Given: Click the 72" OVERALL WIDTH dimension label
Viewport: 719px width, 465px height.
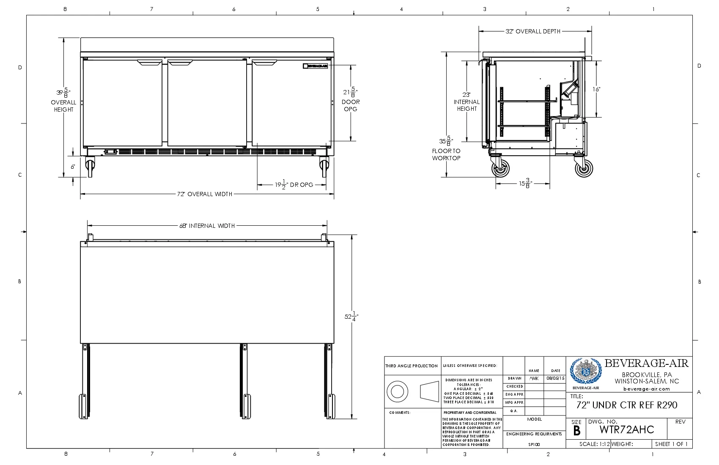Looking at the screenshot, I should click(205, 194).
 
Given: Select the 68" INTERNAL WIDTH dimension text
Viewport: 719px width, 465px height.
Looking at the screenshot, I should click(207, 226).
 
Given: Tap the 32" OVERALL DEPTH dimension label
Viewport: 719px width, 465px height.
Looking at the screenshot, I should click(533, 31).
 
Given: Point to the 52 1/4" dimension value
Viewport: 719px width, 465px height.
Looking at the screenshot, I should click(351, 317).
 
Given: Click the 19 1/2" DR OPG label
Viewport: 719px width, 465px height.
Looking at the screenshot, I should click(294, 185).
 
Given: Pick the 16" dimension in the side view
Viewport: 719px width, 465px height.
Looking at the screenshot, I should click(596, 89).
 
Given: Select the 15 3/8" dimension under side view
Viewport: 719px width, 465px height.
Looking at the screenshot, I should click(525, 183).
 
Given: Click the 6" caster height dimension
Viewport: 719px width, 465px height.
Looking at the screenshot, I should click(73, 167).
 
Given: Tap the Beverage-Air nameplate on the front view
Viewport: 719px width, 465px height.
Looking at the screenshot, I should click(316, 66).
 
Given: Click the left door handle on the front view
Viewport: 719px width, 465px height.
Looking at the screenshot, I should click(149, 63).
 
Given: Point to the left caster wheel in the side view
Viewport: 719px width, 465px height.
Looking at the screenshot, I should click(500, 169).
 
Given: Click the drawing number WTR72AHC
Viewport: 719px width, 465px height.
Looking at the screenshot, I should click(626, 429).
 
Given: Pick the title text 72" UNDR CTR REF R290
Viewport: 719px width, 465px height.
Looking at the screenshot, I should click(626, 405).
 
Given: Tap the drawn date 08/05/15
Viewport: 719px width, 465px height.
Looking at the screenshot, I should click(555, 378).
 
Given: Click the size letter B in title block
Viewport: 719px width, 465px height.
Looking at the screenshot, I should click(576, 431).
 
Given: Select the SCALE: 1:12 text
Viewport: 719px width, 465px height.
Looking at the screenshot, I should click(594, 444).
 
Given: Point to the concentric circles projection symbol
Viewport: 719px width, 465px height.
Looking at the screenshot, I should click(397, 391).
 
